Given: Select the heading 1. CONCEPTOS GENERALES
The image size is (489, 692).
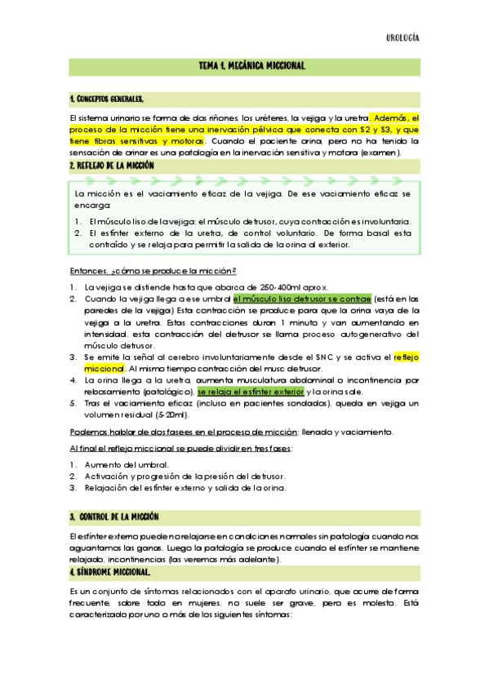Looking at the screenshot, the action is pyautogui.click(x=107, y=100).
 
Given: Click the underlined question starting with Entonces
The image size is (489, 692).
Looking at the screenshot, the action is pyautogui.click(x=153, y=271).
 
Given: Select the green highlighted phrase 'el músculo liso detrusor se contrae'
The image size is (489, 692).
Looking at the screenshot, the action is pyautogui.click(x=301, y=299).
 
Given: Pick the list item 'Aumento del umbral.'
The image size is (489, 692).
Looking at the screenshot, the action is pyautogui.click(x=127, y=464).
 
